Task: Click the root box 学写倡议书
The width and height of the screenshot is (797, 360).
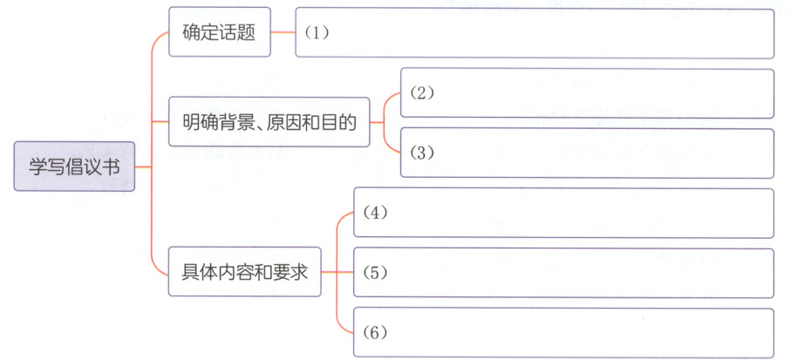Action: coord(74,166)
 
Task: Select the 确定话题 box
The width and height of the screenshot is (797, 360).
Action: coord(218,33)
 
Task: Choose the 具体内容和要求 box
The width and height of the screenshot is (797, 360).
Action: coord(243,272)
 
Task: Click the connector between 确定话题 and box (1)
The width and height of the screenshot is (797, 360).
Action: coord(282,33)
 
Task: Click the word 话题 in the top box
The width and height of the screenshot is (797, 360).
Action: coord(237,33)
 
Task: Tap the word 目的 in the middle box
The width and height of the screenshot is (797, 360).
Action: coord(340,122)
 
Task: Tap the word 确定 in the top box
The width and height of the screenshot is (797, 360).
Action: coord(200,33)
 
